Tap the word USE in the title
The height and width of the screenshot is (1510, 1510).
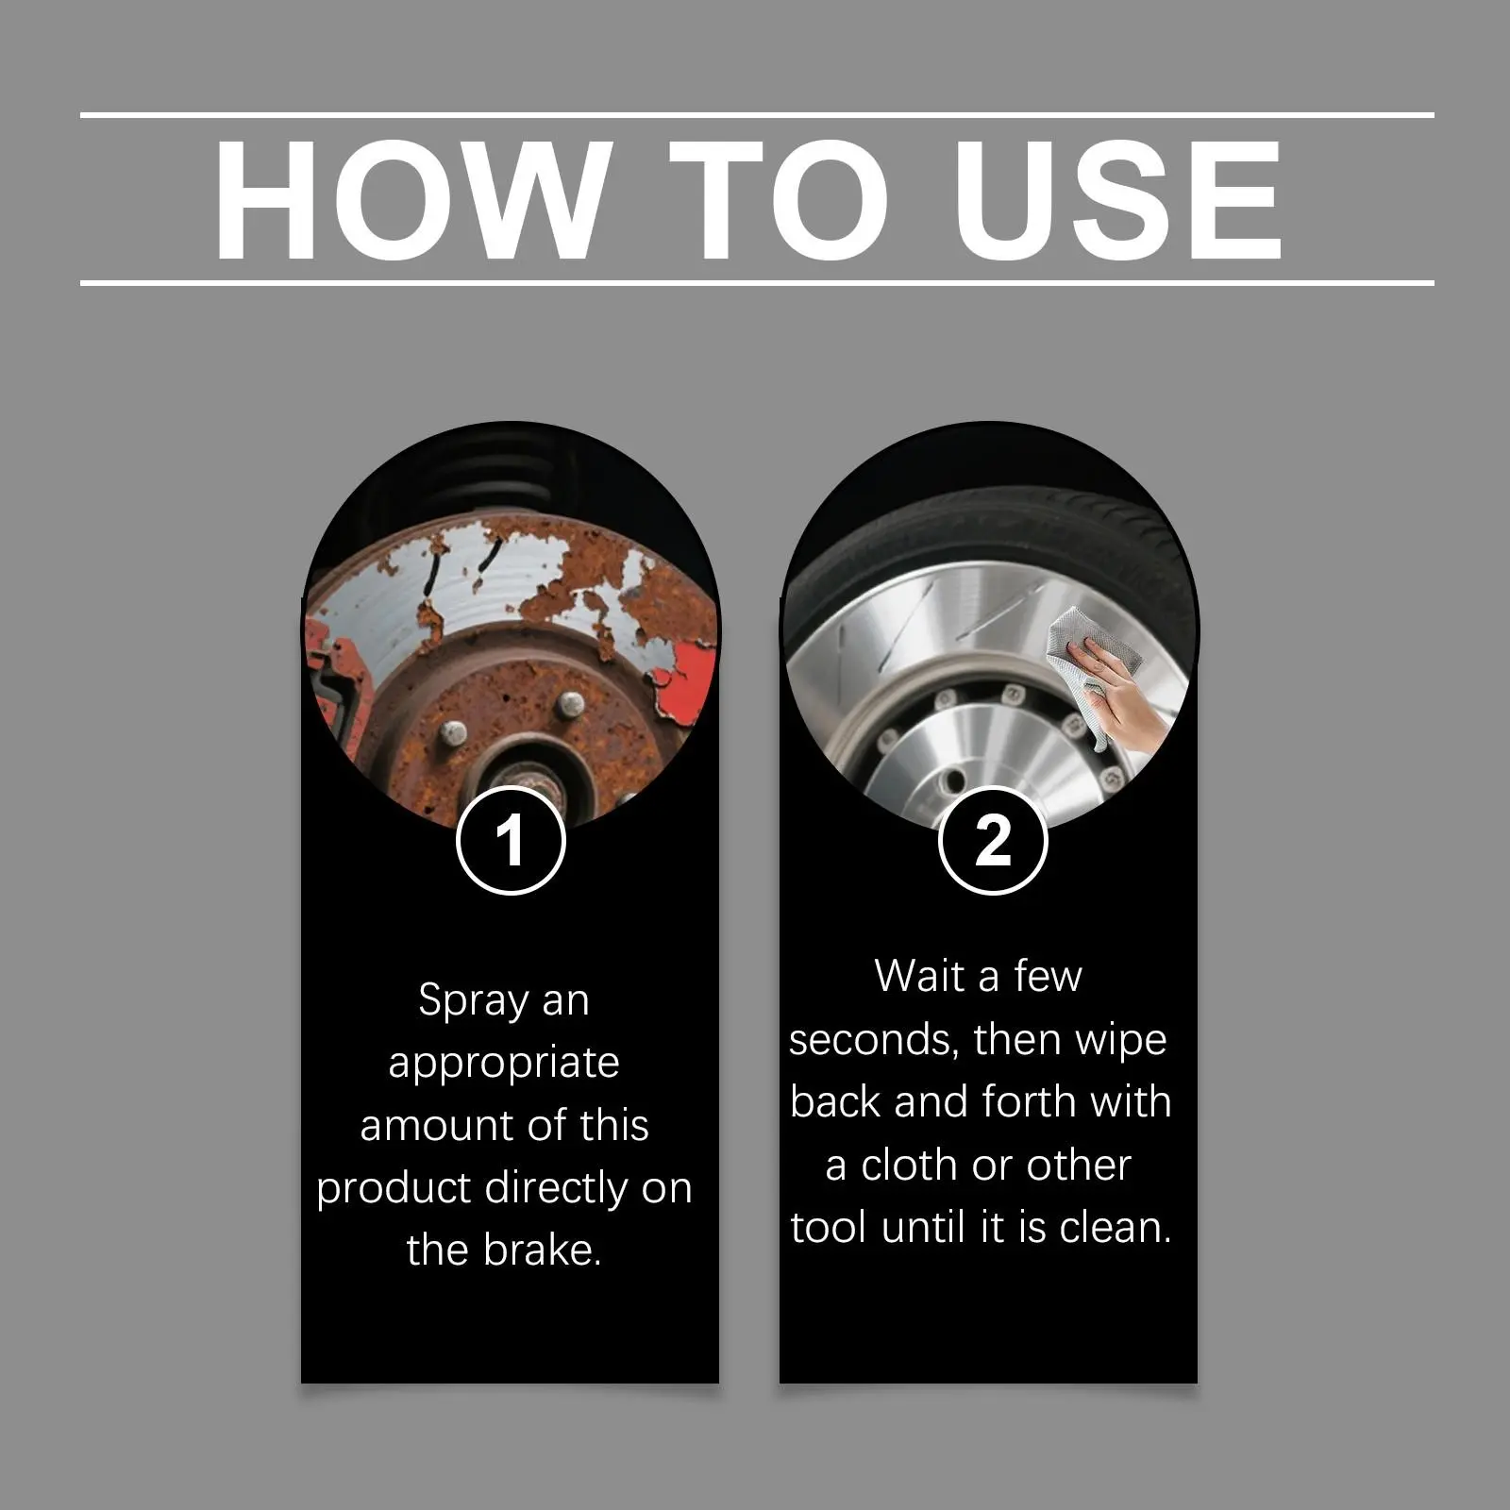click(1122, 200)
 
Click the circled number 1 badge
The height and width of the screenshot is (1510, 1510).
click(511, 839)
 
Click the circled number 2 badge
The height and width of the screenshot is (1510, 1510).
click(993, 839)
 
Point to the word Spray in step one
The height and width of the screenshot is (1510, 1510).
click(473, 1001)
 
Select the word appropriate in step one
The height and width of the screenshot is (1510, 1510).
click(504, 1065)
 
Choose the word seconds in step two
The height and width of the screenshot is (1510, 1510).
click(875, 1040)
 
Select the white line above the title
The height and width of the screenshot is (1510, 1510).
click(757, 115)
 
